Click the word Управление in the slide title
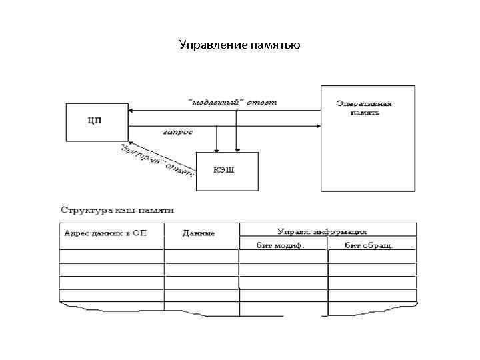click(213, 45)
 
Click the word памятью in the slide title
click(276, 45)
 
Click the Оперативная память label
click(365, 108)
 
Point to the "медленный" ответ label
click(233, 102)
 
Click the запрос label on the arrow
click(178, 131)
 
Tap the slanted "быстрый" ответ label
click(157, 161)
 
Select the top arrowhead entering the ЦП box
click(131, 111)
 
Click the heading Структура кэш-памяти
click(117, 209)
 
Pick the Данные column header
click(199, 233)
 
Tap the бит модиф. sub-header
click(281, 245)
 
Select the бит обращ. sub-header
click(369, 245)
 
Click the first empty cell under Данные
click(201, 257)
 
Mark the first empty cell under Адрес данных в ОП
click(111, 257)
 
